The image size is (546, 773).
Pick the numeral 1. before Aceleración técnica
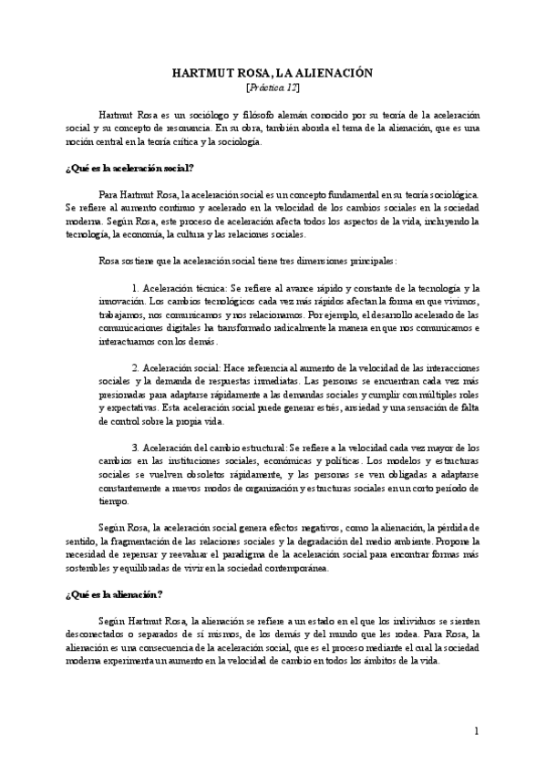[x=138, y=287]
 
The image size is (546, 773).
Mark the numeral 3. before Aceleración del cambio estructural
[x=138, y=448]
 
